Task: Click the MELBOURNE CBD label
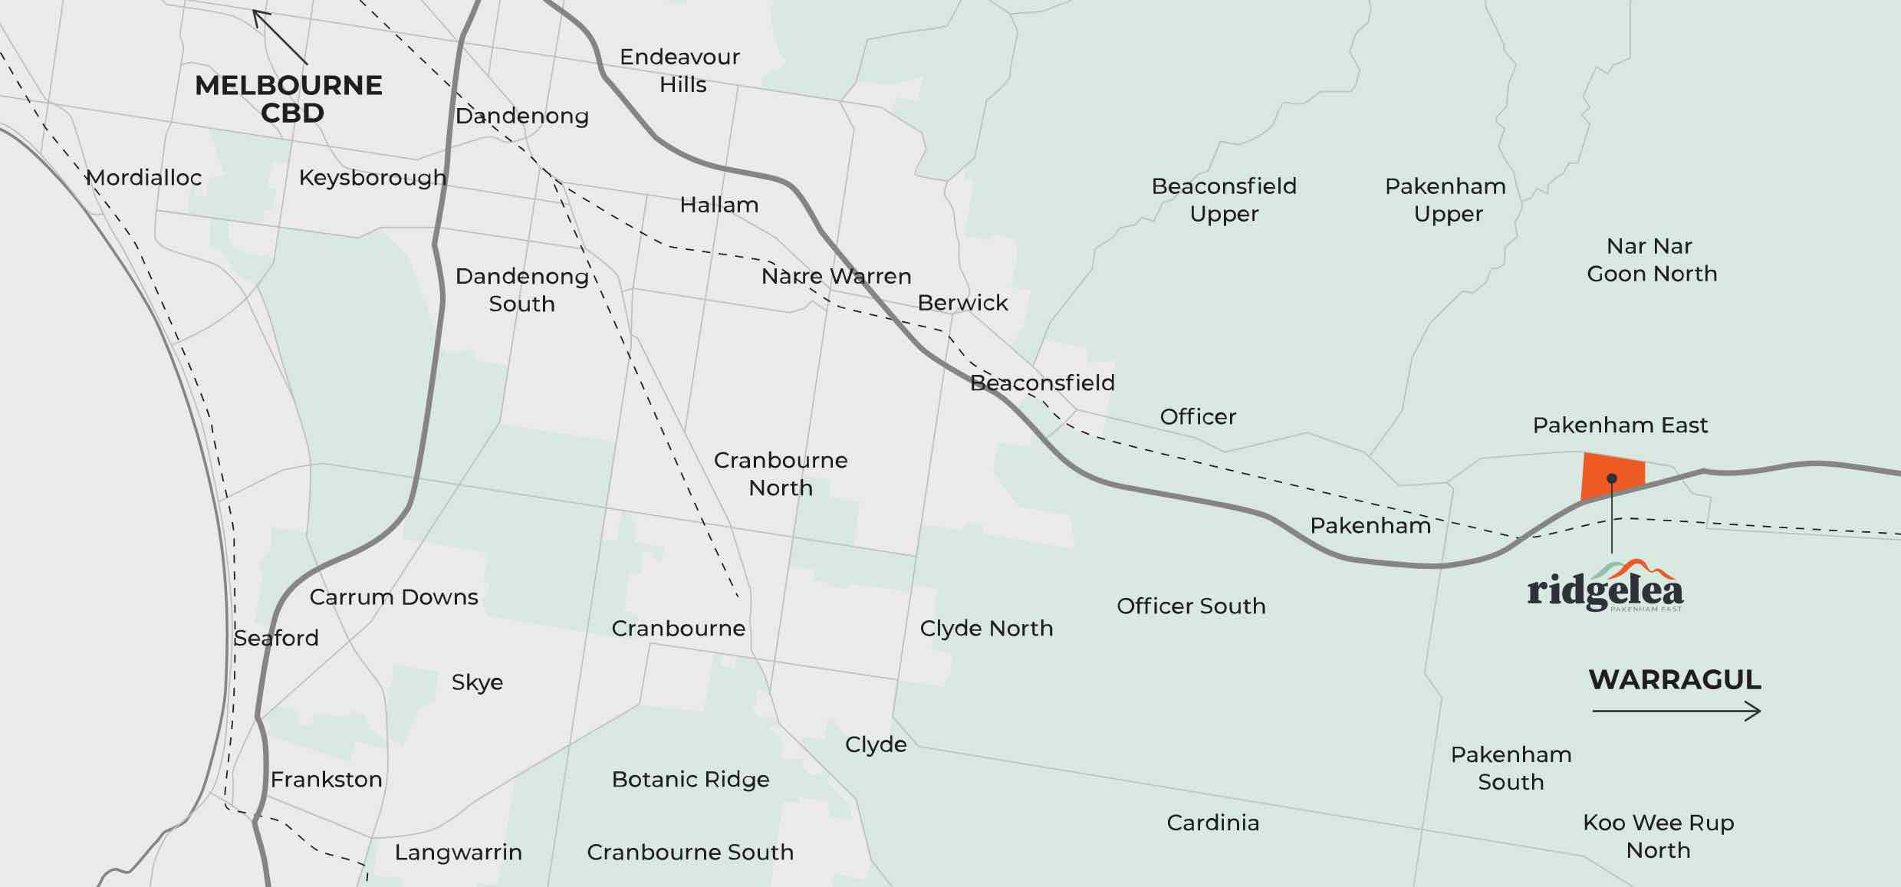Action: [289, 99]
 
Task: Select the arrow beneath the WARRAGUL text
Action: [1676, 711]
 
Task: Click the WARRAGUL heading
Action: [1675, 680]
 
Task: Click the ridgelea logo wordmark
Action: [1605, 589]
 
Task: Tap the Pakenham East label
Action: [1620, 425]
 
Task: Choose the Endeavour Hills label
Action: [680, 71]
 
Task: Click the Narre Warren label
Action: [836, 276]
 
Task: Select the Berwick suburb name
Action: [962, 303]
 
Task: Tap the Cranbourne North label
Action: [781, 474]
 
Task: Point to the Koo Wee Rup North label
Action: [1658, 836]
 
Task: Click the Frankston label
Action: [326, 780]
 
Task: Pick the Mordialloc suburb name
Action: [143, 178]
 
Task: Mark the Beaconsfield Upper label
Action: [1224, 200]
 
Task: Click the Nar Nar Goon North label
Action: [1651, 260]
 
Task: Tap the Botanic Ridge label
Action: [690, 780]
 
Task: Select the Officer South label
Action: [1191, 606]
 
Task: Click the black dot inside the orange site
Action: [1612, 478]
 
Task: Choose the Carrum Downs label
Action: [393, 597]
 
